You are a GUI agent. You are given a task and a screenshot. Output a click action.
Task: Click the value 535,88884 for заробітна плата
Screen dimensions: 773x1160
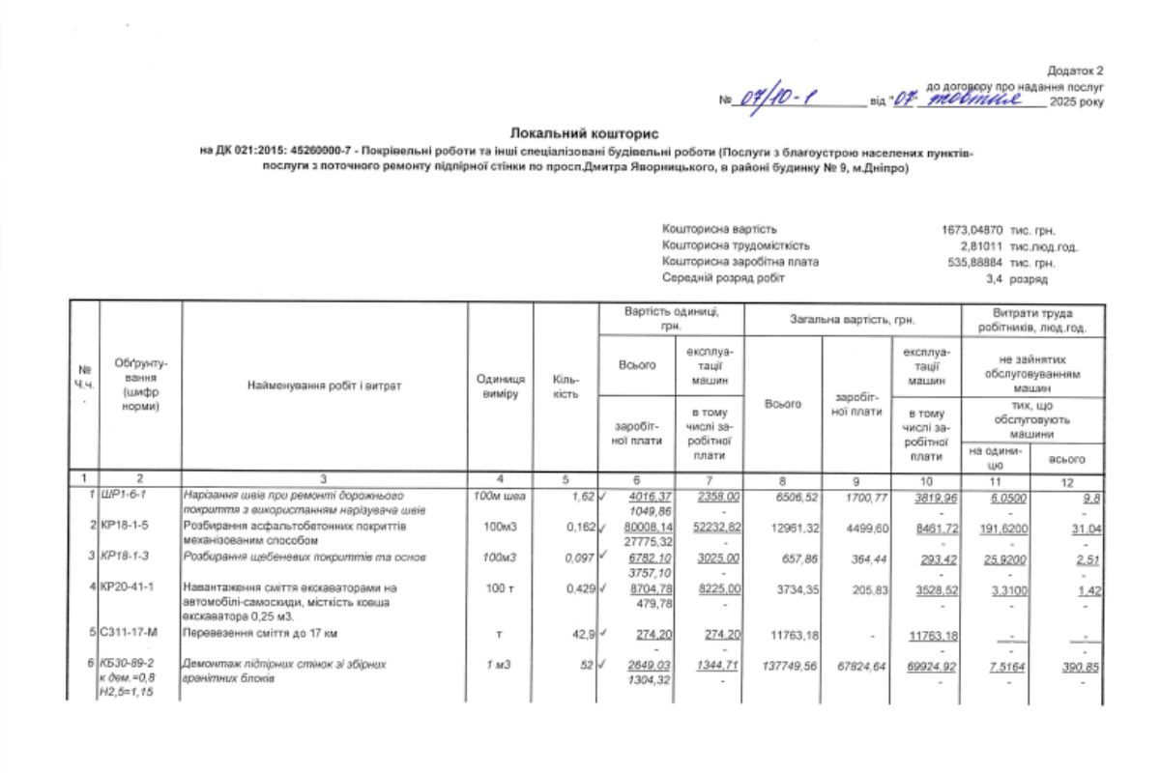[967, 263]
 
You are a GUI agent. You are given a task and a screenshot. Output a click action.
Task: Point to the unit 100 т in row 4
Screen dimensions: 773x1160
[500, 587]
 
